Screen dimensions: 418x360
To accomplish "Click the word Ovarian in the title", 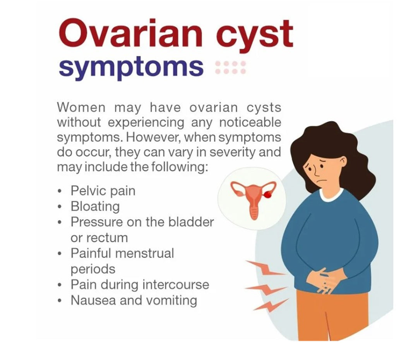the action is (x=130, y=34).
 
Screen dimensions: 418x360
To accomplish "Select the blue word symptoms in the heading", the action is (x=131, y=67).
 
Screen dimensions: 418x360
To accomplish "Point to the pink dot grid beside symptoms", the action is (x=230, y=67).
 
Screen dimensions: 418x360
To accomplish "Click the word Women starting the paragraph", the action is (x=81, y=108).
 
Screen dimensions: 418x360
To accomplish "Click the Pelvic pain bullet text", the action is (x=103, y=191).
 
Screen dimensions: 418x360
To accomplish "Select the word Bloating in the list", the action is (x=95, y=206).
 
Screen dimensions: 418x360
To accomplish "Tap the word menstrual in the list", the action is (x=144, y=253).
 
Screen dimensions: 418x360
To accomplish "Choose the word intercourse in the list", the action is (x=176, y=284).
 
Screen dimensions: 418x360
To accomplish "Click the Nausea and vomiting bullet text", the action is (x=134, y=300).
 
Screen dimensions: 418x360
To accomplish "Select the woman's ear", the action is (x=343, y=161).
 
